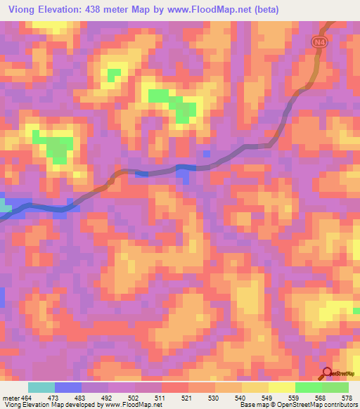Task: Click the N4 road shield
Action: click(x=320, y=41)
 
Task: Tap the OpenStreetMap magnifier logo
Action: click(x=328, y=373)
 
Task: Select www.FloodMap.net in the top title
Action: click(x=214, y=10)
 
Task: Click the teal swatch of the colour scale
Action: click(x=41, y=387)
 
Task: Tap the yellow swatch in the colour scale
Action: click(x=281, y=387)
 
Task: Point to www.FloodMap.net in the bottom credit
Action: click(x=134, y=405)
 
